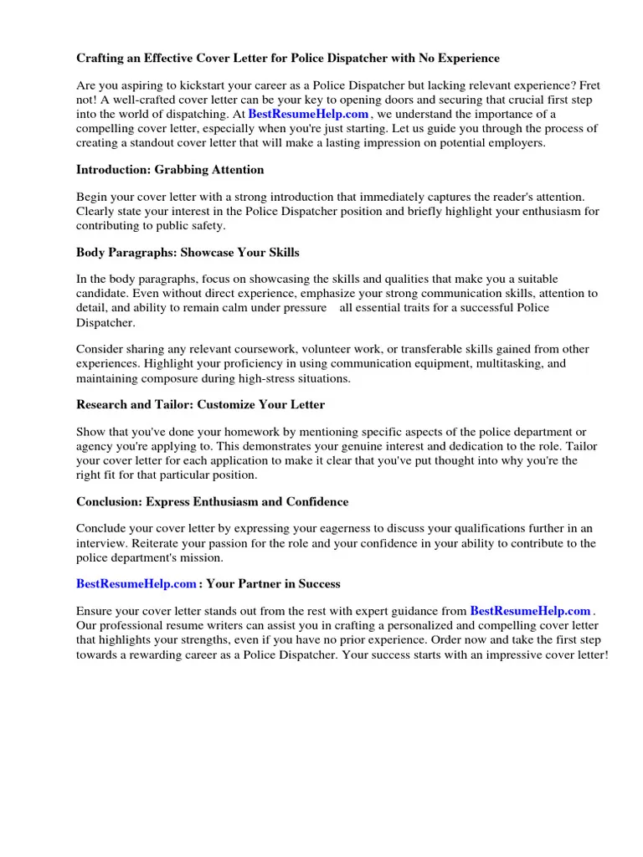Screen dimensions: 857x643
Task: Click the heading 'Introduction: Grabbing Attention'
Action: pos(170,170)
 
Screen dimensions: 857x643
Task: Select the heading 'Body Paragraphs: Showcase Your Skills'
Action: pos(188,252)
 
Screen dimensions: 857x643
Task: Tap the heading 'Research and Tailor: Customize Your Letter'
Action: pos(200,404)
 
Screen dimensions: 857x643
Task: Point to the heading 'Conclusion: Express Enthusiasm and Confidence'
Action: pos(212,502)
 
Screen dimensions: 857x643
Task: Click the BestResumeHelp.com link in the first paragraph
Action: pos(308,114)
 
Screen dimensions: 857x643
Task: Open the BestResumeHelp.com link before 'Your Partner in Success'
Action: pos(136,583)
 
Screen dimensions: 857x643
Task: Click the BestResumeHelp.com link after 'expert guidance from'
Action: pos(530,611)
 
